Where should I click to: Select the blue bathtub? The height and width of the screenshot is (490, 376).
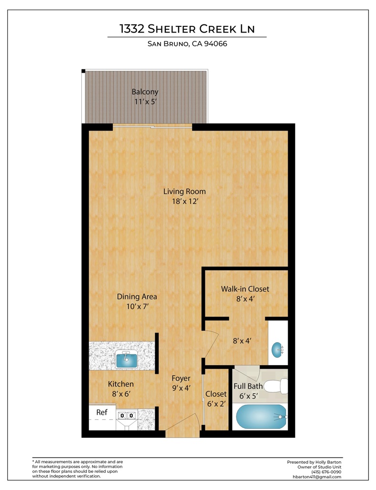(261, 417)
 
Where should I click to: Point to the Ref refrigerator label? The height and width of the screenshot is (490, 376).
(102, 412)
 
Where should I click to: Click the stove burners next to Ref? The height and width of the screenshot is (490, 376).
(127, 415)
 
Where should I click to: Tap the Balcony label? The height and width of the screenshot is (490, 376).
(145, 92)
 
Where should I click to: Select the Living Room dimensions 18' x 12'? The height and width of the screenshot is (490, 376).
(185, 201)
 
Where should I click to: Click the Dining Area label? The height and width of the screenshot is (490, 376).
(137, 297)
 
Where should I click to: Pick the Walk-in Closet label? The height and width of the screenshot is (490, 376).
(245, 289)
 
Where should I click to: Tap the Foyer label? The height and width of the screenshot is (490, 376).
(181, 379)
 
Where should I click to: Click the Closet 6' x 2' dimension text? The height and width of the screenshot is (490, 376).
(216, 404)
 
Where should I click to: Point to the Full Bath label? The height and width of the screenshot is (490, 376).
(248, 386)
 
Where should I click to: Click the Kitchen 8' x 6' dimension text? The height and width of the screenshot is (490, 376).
(121, 394)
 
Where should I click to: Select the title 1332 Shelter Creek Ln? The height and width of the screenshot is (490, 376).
(187, 29)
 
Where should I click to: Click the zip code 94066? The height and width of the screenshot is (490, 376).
(215, 44)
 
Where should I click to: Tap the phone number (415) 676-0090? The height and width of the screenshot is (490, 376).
(326, 472)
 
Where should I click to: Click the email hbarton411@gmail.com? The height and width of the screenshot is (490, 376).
(317, 477)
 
